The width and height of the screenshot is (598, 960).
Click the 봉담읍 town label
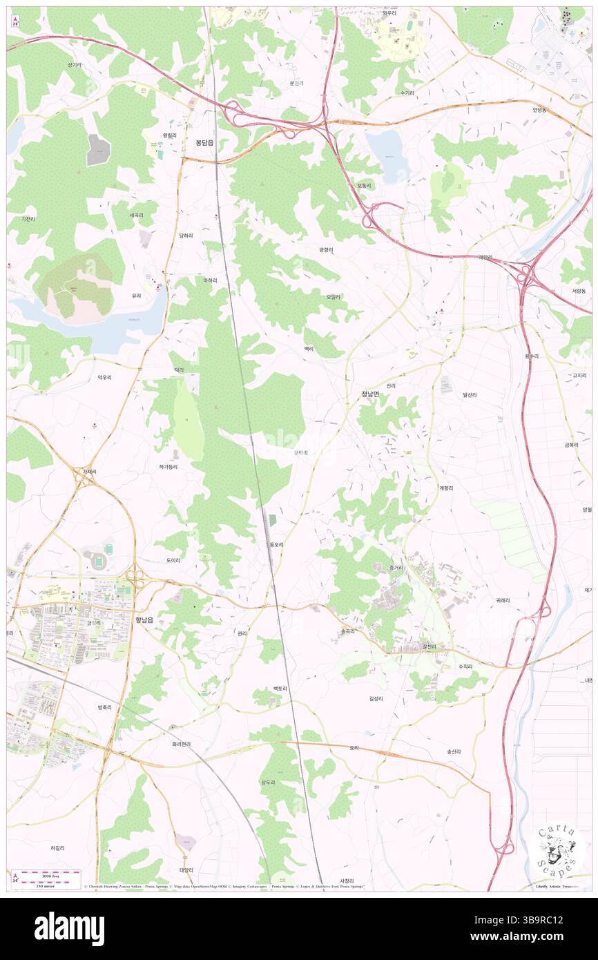204,142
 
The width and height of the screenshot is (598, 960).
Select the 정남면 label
370,394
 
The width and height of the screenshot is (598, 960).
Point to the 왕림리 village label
170,135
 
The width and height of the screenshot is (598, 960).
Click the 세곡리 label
136,215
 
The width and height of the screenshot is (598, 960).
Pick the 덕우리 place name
104,377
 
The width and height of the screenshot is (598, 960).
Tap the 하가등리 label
168,467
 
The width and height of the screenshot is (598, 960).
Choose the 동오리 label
276,544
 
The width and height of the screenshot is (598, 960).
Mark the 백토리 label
280,689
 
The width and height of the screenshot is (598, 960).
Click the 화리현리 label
181,744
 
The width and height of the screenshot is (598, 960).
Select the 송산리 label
454,751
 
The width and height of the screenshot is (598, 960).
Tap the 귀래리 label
503,600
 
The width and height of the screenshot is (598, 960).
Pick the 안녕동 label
539,109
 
